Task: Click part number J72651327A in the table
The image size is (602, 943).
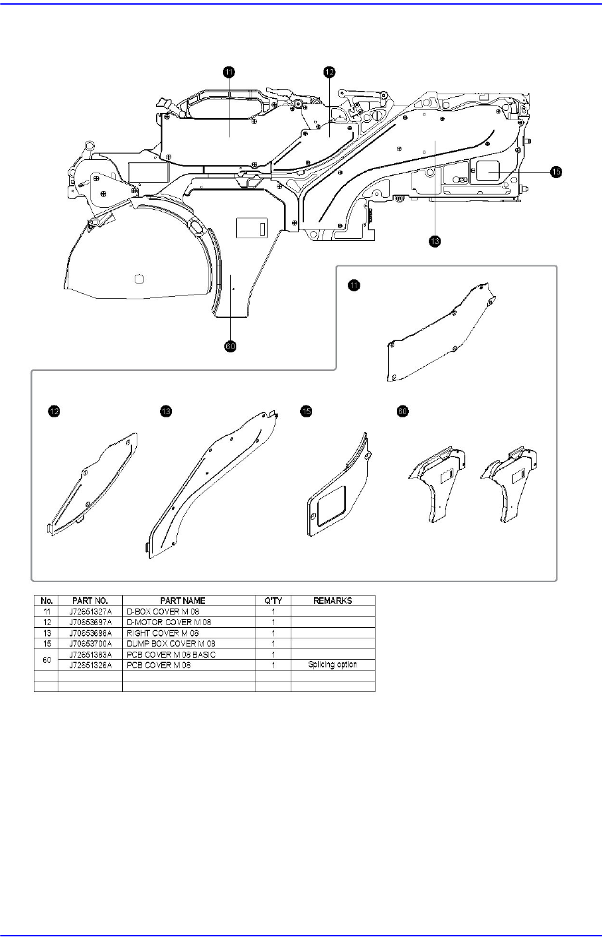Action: (90, 611)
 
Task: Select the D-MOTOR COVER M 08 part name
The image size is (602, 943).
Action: (165, 622)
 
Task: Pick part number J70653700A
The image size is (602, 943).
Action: (90, 643)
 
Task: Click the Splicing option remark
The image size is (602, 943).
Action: (333, 664)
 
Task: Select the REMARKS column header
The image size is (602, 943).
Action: (333, 600)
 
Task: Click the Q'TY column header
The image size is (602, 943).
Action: (273, 600)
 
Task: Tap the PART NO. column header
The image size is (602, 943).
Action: (90, 600)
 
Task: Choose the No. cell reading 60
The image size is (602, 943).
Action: (46, 659)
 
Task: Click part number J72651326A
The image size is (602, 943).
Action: (90, 664)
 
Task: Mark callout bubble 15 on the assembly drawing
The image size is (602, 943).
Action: (556, 171)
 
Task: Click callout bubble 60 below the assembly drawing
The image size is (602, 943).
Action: (230, 346)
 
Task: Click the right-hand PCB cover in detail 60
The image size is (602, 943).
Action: (512, 484)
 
